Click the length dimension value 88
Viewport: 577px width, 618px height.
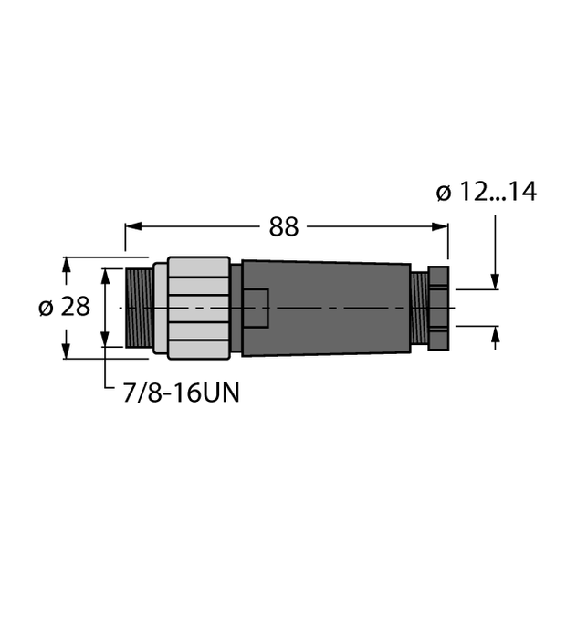pyautogui.click(x=285, y=227)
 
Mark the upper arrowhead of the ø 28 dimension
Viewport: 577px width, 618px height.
pyautogui.click(x=65, y=265)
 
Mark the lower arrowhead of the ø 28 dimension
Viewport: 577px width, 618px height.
pyautogui.click(x=65, y=351)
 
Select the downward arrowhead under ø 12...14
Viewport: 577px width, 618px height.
pyautogui.click(x=495, y=283)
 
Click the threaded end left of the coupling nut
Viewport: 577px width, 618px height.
pyautogui.click(x=139, y=309)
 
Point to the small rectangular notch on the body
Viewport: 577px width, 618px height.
pyautogui.click(x=256, y=309)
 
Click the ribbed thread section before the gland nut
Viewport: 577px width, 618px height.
pyautogui.click(x=419, y=309)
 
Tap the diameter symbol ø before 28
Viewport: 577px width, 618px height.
pyautogui.click(x=45, y=308)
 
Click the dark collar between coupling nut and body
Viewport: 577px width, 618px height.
pyautogui.click(x=236, y=309)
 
